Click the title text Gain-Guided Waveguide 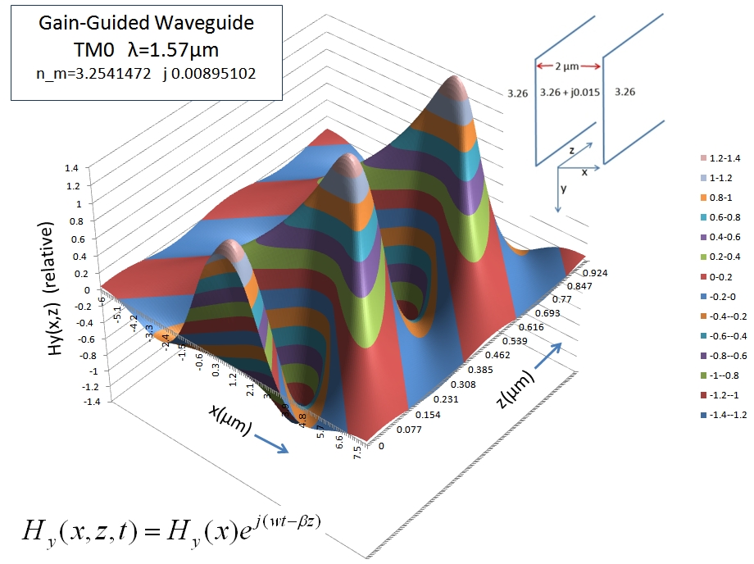(x=146, y=24)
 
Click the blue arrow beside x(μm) (x=268, y=443)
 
